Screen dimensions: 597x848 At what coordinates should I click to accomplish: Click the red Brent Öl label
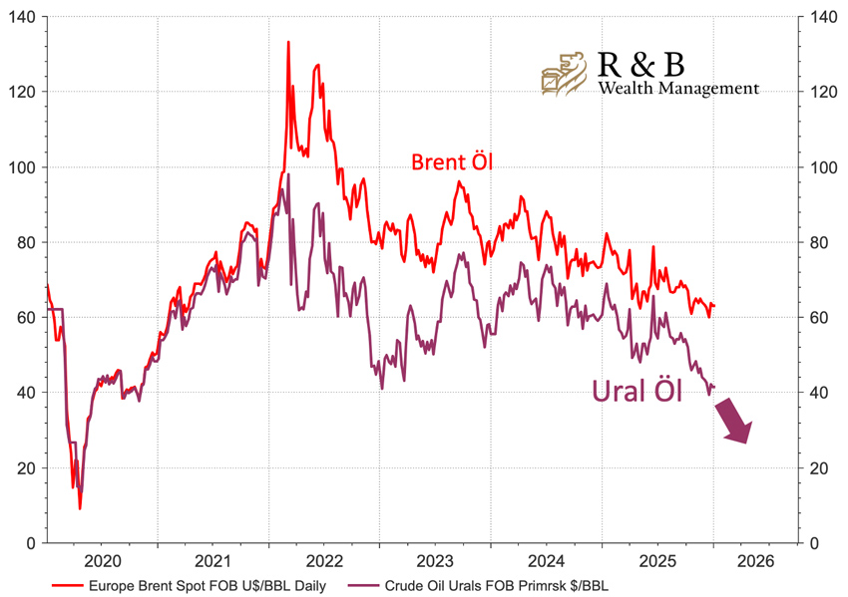(x=453, y=162)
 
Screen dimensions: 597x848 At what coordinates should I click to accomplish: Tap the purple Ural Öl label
(x=637, y=390)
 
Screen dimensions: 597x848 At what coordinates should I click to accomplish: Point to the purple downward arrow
(x=735, y=420)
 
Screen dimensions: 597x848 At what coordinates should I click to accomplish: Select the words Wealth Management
(x=678, y=88)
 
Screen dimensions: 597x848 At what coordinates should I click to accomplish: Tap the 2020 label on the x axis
(x=103, y=561)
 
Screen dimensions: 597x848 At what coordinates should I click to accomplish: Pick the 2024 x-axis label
(x=547, y=561)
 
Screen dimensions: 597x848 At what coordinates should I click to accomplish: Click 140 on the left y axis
(x=23, y=17)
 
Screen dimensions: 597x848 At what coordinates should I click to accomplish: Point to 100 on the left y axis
(x=23, y=167)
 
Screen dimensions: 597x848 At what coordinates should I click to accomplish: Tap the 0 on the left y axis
(x=33, y=543)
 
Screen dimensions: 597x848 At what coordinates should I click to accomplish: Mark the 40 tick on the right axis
(x=818, y=393)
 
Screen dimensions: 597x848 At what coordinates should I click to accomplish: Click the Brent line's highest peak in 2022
(x=288, y=42)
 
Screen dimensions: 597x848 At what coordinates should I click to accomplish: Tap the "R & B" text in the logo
(x=641, y=64)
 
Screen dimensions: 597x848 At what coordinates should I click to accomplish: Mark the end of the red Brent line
(x=715, y=305)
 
